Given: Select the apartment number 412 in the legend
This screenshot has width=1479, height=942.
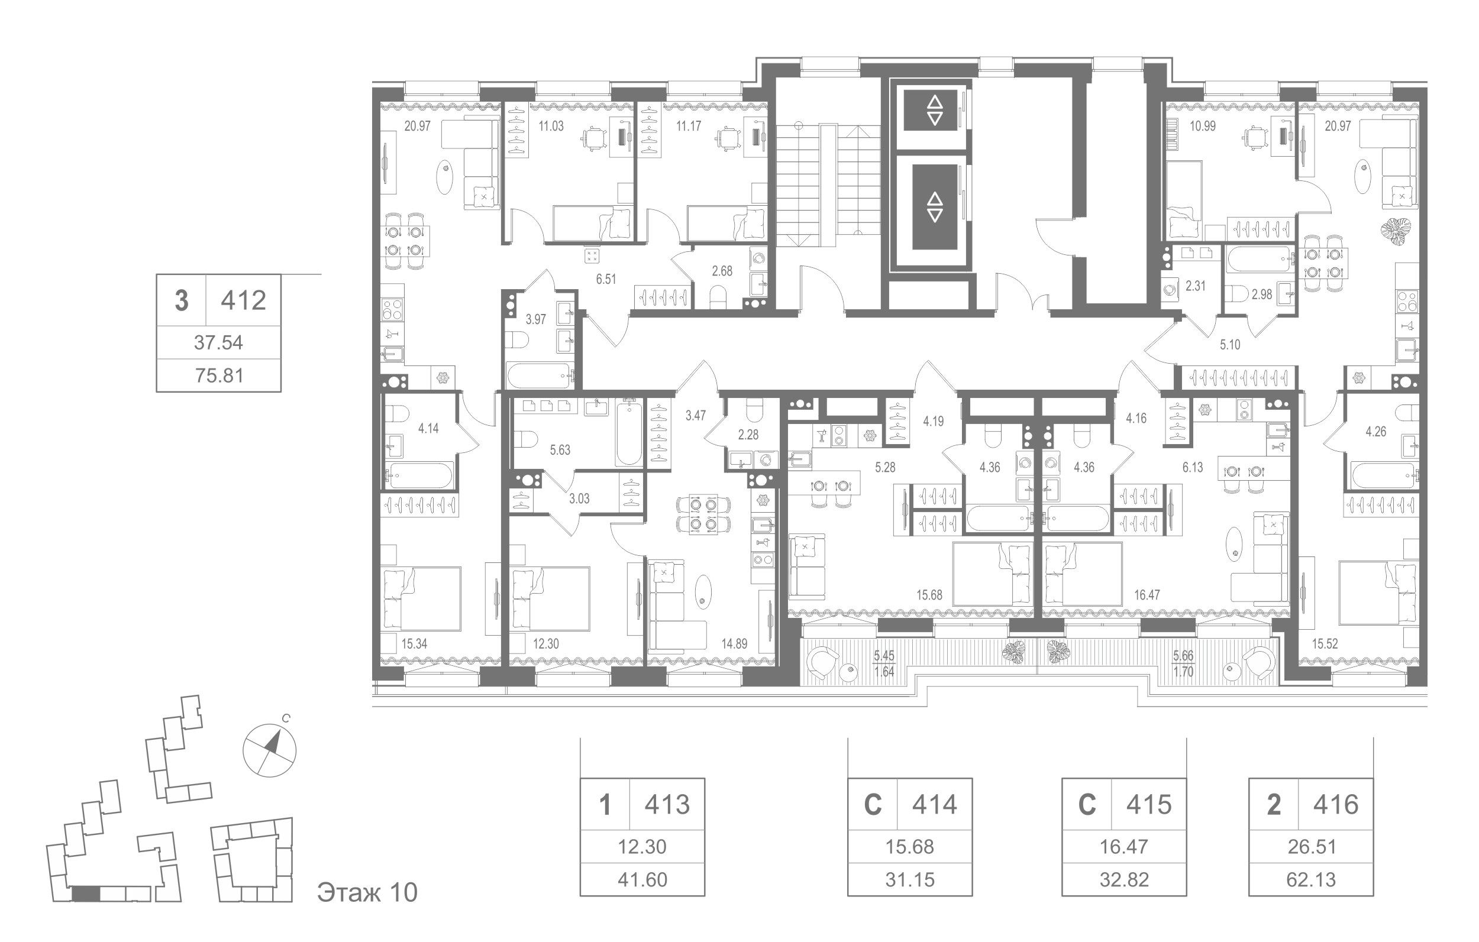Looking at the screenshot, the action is coord(244,301).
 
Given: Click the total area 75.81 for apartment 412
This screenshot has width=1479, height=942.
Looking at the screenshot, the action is coord(219,375).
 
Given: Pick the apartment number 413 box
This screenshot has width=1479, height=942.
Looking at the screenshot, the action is coord(667,804).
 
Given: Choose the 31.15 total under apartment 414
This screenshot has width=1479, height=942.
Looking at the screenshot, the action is coord(910,879).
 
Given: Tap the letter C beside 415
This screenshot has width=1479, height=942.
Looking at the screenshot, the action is coord(1087,804).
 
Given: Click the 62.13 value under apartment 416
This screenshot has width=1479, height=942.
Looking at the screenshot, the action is coord(1311,879).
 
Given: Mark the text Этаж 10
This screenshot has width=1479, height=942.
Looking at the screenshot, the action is coord(367,892).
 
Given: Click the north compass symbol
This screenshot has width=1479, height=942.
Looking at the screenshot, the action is coord(270,749).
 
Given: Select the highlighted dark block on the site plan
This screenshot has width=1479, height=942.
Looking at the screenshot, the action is coord(85,894).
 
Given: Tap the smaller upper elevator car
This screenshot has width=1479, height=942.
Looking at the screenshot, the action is coord(934,111).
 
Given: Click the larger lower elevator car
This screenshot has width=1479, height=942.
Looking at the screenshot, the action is coord(934,207).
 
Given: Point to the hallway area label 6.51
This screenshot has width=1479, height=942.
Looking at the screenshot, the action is coord(606,279).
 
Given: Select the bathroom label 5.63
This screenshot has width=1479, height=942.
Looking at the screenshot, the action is coord(560,450).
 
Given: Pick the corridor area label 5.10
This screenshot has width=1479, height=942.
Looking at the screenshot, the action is coord(1229,345).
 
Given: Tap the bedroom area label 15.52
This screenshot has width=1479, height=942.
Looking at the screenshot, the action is coord(1325,643).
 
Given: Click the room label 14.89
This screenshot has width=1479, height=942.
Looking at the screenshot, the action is coord(735,644).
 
